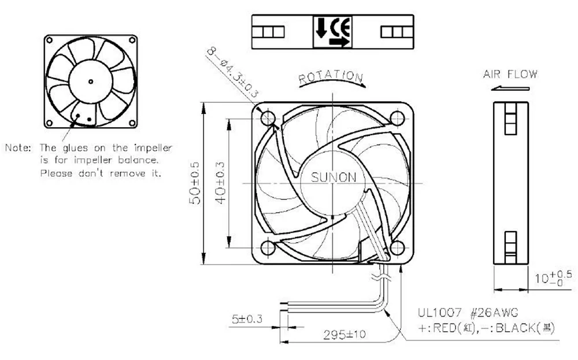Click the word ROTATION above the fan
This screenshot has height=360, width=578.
pyautogui.click(x=331, y=76)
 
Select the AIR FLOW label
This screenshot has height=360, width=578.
pyautogui.click(x=510, y=74)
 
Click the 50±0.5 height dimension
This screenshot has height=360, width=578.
pyautogui.click(x=196, y=183)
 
